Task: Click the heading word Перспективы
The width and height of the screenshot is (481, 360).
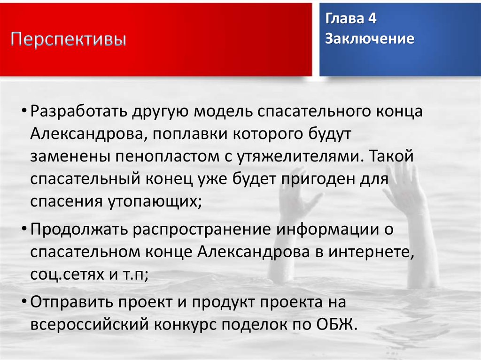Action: [69, 39]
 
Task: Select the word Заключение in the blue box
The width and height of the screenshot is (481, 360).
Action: [370, 38]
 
